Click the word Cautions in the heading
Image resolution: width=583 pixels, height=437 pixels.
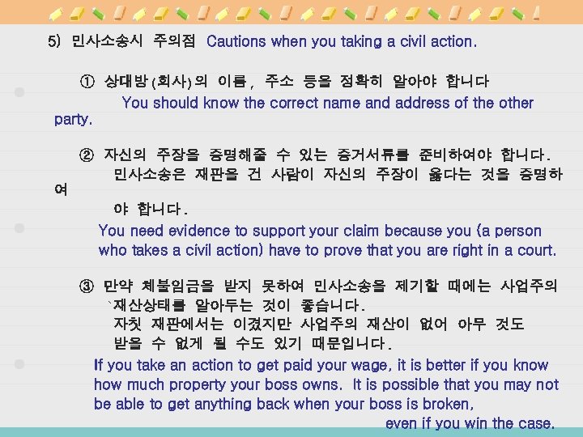click(x=237, y=40)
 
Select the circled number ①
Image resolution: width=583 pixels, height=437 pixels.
click(x=87, y=83)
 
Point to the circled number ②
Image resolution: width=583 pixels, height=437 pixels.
click(x=87, y=154)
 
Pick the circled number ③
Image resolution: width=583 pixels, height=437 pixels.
click(x=87, y=286)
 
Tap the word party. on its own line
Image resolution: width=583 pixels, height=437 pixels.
click(x=73, y=121)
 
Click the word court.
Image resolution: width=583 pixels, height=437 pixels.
click(x=535, y=250)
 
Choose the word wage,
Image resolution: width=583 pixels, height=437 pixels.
click(x=371, y=365)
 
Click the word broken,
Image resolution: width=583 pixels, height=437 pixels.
click(x=445, y=403)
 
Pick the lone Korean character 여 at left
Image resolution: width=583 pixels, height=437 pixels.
click(x=61, y=190)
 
